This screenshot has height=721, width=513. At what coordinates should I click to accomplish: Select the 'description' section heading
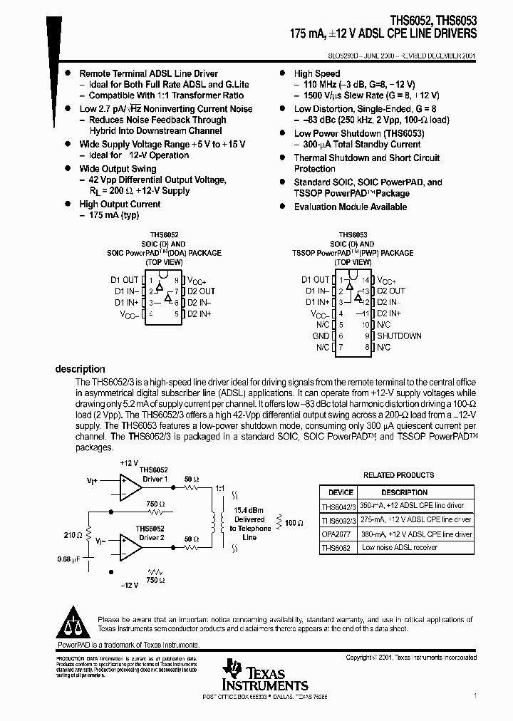point(80,369)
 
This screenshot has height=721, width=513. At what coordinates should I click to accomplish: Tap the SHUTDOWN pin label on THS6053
point(399,336)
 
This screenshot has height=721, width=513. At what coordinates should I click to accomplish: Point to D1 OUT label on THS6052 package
point(127,280)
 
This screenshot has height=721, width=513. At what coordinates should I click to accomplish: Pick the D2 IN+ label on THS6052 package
point(201,313)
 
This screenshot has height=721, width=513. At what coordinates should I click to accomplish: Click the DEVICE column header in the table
point(340,492)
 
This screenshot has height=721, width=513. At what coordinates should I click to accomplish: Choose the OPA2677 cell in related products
point(338,534)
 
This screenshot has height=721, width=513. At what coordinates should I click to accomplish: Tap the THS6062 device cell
point(337,548)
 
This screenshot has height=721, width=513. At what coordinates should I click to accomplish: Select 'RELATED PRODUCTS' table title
point(398,475)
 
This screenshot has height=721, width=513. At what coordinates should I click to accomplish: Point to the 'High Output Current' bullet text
point(120,204)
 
